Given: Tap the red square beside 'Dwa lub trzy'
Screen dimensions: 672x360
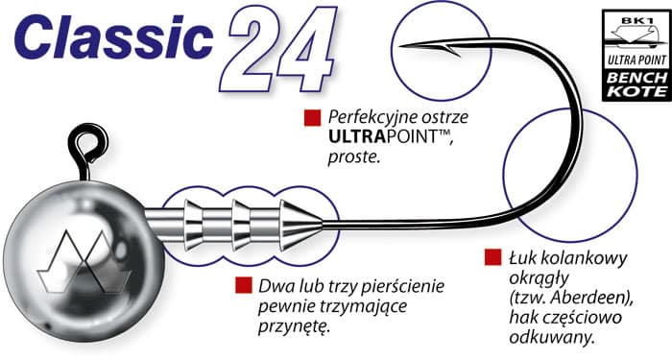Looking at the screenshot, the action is (242, 286).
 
